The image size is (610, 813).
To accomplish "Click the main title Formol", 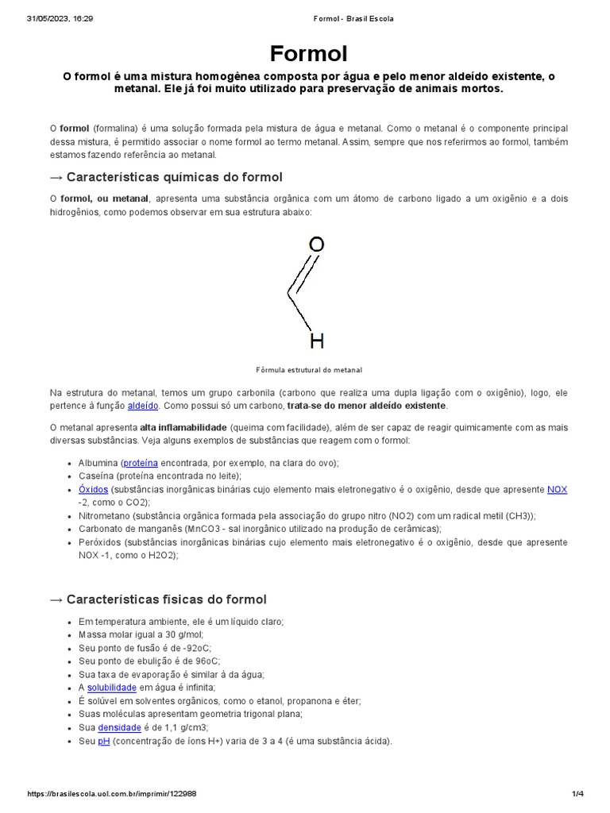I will tap(309, 54).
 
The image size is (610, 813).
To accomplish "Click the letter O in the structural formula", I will tap(316, 245).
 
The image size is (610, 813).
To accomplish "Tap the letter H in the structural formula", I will tap(316, 341).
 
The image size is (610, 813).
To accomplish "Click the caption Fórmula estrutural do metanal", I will tap(309, 370).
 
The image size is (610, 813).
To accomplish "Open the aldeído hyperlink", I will tap(143, 406).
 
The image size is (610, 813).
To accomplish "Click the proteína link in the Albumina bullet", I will tap(141, 463).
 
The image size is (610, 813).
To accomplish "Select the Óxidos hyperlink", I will tap(93, 490).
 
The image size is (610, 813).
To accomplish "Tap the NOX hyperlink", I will tap(557, 490).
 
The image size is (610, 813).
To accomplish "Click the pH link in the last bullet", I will tap(103, 741).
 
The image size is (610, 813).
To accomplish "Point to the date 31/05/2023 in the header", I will tap(49, 18).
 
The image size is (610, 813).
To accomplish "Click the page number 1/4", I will tap(577, 794).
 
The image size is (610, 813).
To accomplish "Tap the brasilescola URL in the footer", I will tap(112, 794).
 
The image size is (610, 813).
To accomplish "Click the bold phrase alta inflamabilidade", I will tap(183, 427).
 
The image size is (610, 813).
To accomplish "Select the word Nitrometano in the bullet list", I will tap(104, 515).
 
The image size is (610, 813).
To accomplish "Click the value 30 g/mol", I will tap(180, 634).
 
